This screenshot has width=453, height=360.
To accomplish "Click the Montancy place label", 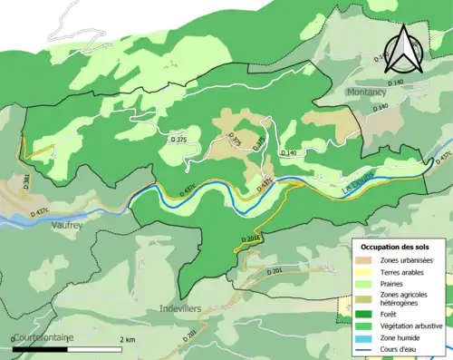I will pyautogui.click(x=367, y=92).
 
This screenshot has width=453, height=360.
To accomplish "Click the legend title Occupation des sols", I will pyautogui.click(x=397, y=246).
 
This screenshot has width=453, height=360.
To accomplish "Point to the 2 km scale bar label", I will pyautogui.click(x=128, y=338).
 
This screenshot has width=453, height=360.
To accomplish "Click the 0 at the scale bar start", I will pyautogui.click(x=14, y=338).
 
